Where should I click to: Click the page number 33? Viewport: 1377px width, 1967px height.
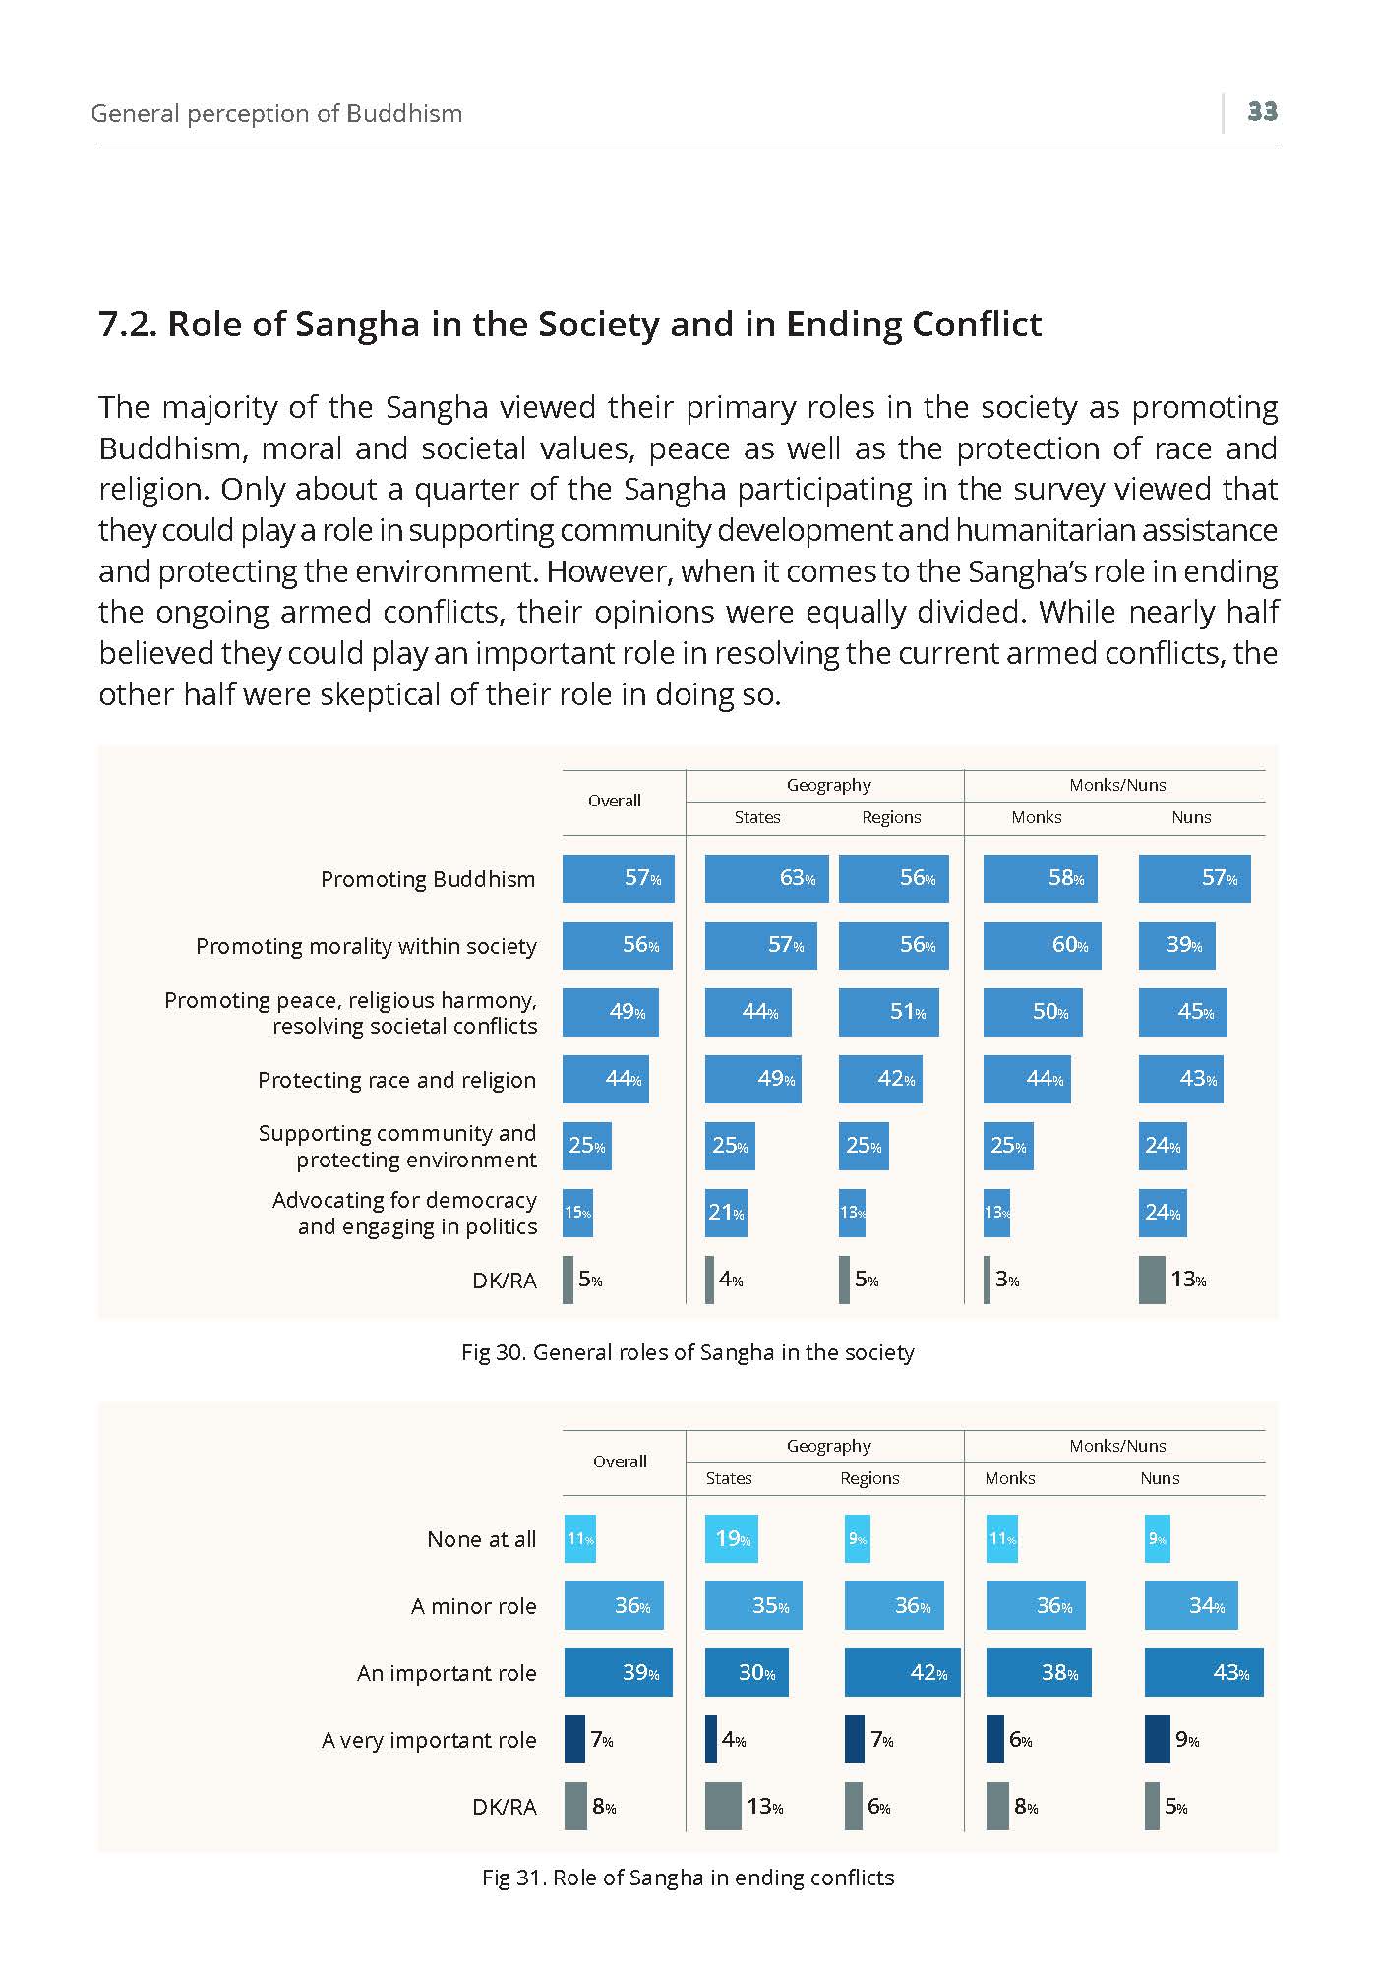[1262, 111]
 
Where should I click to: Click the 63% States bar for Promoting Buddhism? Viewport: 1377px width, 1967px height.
[767, 878]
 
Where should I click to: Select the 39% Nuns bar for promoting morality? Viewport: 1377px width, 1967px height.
[1177, 945]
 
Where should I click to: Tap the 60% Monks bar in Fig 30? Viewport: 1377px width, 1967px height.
[1043, 945]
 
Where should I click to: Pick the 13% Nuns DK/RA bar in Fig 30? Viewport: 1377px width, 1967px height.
[1152, 1280]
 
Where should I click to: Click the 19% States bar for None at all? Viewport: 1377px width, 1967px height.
[732, 1539]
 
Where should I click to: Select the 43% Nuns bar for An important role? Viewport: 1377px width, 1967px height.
[1204, 1673]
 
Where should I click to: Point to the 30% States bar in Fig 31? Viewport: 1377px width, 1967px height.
[747, 1673]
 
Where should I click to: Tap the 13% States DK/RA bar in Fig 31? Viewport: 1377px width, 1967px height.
[723, 1807]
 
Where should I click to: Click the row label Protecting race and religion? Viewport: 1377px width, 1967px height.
[397, 1080]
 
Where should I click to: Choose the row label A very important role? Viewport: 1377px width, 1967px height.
[429, 1740]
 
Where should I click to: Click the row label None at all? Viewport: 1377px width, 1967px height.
[482, 1539]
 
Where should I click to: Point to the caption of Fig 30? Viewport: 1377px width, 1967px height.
[688, 1352]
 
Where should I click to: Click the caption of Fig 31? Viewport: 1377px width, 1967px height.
[688, 1878]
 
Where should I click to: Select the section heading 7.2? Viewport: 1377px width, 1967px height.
[570, 324]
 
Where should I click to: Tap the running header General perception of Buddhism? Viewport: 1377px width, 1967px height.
[276, 113]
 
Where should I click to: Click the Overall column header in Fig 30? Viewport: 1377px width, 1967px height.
[615, 801]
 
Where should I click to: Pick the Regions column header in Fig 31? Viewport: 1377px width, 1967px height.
[870, 1478]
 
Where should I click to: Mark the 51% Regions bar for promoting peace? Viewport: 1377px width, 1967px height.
[889, 1012]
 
